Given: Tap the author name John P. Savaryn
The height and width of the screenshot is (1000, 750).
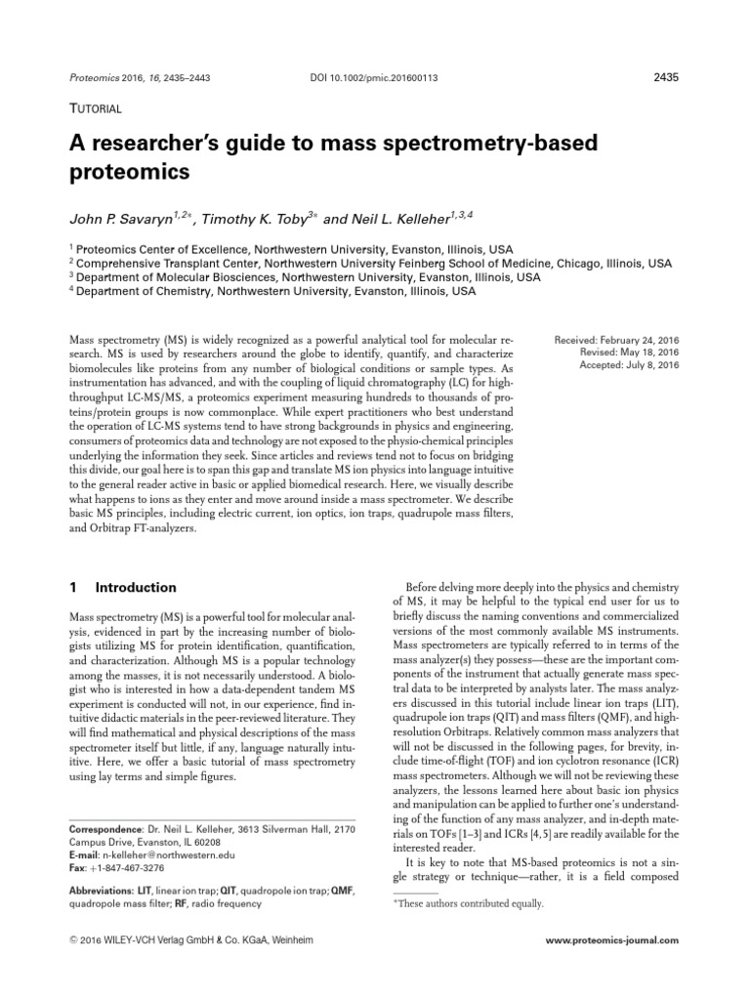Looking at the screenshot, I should point(123,213).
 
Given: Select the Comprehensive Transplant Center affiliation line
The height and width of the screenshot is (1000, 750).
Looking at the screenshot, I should point(370,263).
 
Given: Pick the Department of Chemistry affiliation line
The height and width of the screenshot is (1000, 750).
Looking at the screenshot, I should point(272,290).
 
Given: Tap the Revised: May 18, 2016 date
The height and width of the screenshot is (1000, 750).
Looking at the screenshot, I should point(631,353).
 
